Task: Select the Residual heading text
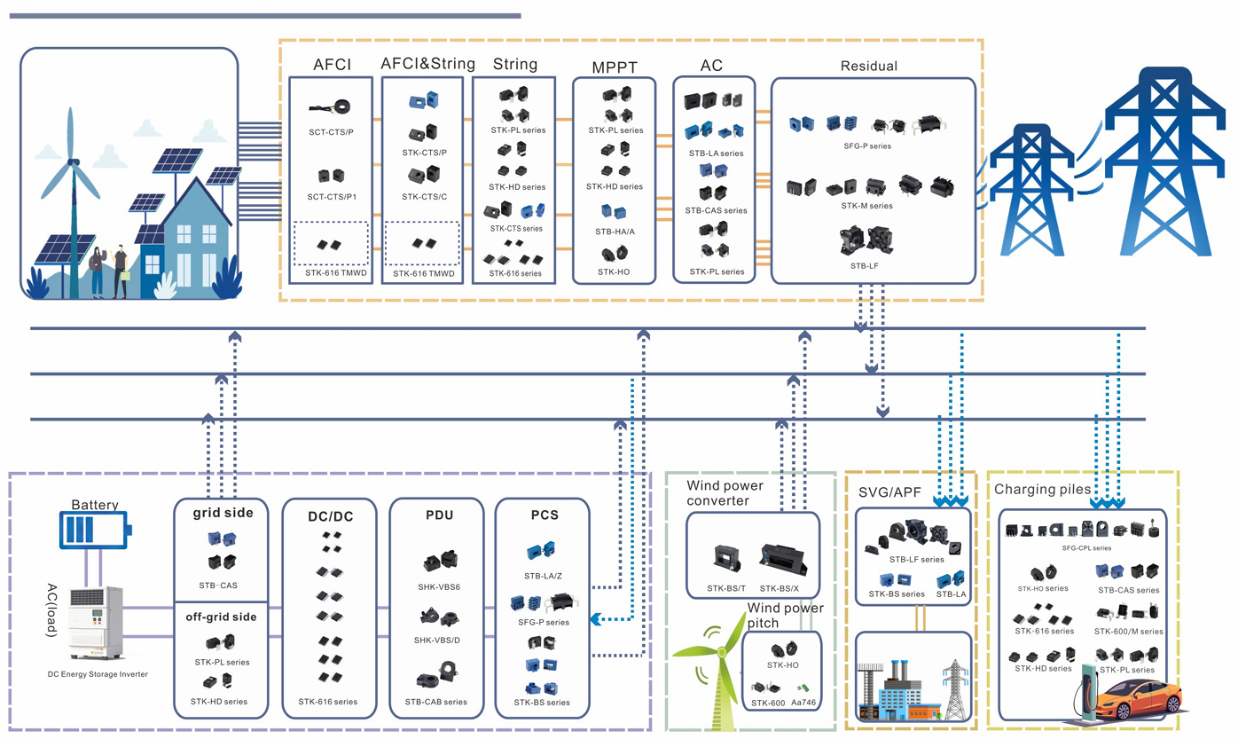pos(868,66)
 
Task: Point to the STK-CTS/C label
pos(424,196)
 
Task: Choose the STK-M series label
pos(867,206)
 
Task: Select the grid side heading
pos(223,512)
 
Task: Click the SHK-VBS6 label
pos(438,586)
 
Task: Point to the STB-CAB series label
pos(435,702)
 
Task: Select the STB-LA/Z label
pos(543,576)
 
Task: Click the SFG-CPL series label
pos(1085,548)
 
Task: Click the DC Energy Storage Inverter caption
pos(98,674)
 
